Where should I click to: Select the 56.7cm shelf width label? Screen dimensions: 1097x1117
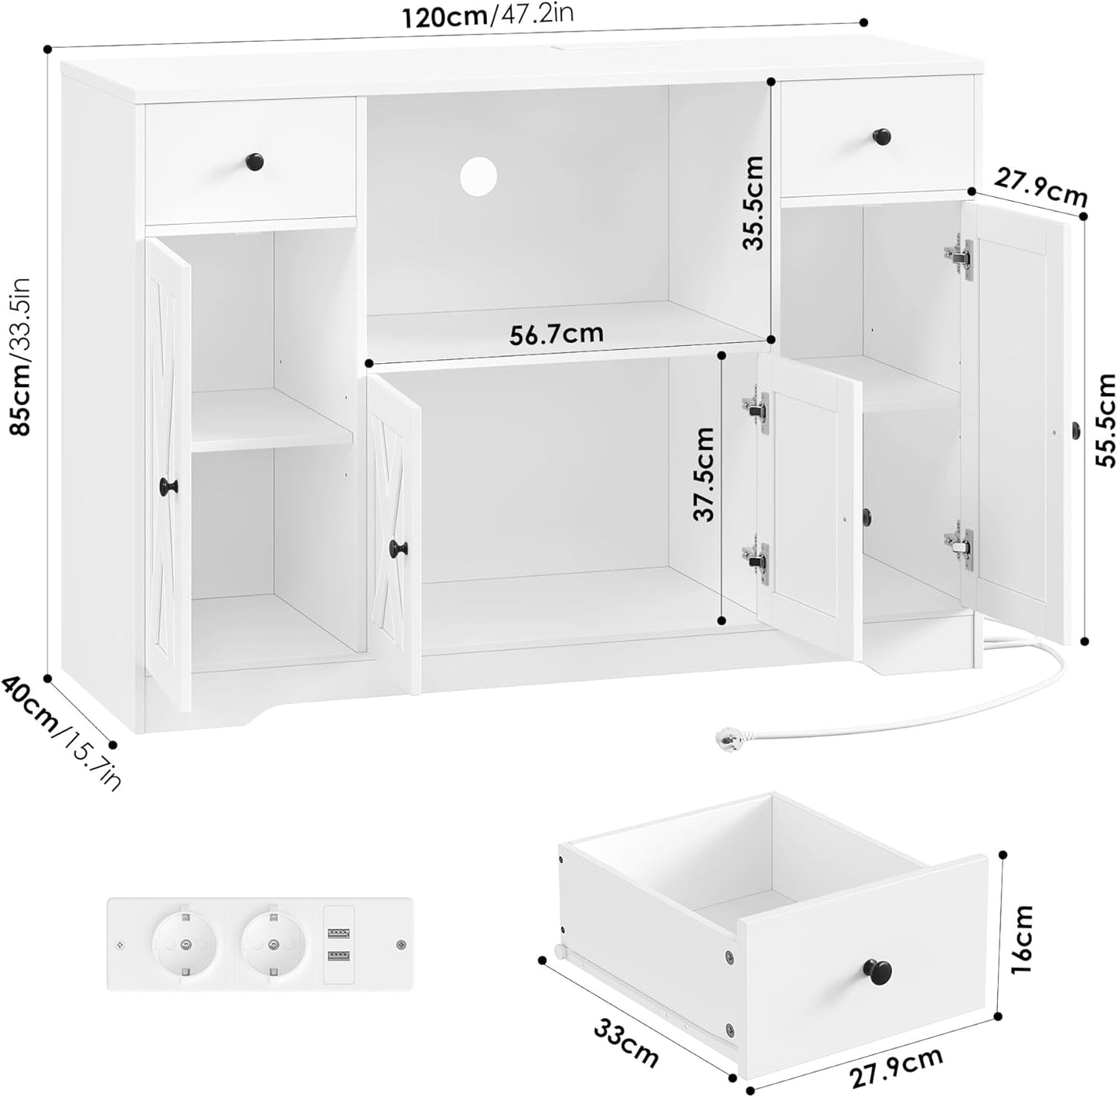(x=557, y=333)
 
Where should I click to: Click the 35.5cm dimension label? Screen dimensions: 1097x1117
(x=751, y=203)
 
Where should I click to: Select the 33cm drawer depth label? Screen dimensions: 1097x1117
(x=626, y=1040)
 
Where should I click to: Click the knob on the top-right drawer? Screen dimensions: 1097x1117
(x=884, y=137)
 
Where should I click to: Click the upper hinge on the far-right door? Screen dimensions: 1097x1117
(x=959, y=255)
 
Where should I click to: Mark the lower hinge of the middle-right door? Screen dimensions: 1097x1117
(x=755, y=559)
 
